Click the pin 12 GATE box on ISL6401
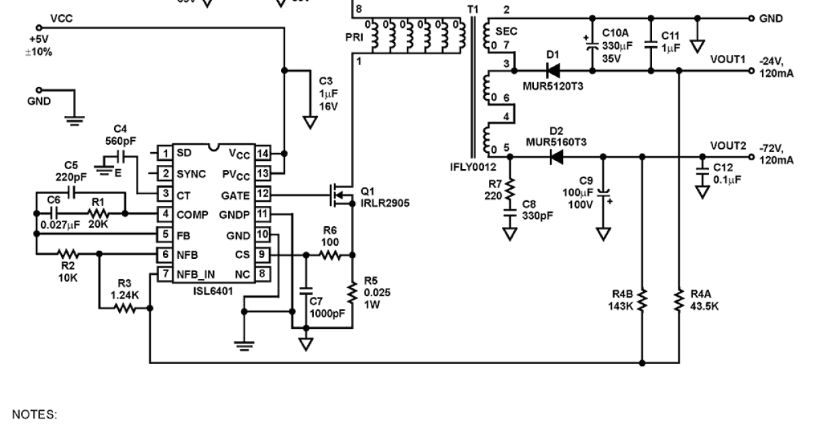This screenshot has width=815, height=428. (263, 195)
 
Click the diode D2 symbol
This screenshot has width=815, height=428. (556, 157)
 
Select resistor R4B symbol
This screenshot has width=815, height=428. (642, 299)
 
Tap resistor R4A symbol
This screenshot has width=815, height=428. (678, 299)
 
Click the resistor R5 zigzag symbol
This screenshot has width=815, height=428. (352, 292)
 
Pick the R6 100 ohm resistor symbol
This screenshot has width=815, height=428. (330, 255)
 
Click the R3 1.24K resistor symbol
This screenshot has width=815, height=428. (124, 308)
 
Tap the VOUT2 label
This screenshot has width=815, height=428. (727, 145)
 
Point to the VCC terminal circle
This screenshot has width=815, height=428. (39, 27)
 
